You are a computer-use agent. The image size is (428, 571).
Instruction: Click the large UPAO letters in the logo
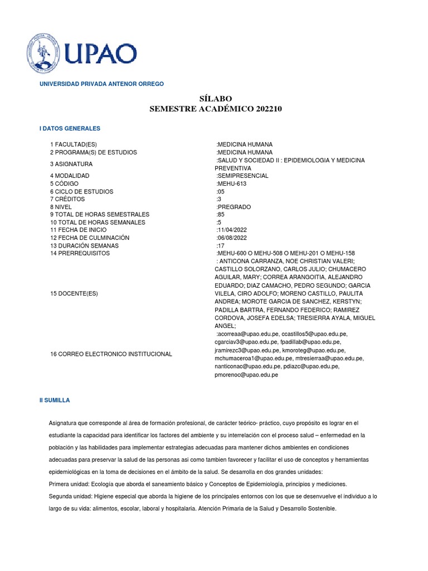point(100,54)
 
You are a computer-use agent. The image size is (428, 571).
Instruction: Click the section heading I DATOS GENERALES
point(70,129)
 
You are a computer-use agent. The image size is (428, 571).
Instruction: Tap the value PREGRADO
point(235,207)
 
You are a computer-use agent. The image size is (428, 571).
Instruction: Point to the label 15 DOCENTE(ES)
point(74,293)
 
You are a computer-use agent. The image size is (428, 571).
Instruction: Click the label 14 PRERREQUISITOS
point(80,254)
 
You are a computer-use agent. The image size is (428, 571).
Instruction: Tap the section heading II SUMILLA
point(55,400)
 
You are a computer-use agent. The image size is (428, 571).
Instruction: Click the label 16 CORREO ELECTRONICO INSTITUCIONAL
point(111,354)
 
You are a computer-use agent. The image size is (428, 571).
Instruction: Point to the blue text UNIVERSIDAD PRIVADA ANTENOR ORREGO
point(101,84)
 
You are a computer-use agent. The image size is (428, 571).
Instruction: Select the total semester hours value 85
point(220,215)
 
